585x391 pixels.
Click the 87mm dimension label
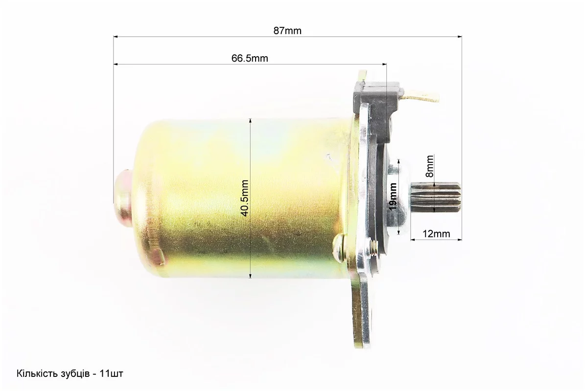(x=287, y=31)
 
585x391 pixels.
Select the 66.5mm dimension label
(x=250, y=59)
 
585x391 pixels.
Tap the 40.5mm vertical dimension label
(x=245, y=198)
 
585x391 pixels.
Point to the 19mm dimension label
(x=393, y=196)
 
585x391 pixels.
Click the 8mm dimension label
(x=430, y=166)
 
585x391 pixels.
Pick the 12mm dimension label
(x=436, y=234)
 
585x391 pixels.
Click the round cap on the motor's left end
(x=122, y=196)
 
